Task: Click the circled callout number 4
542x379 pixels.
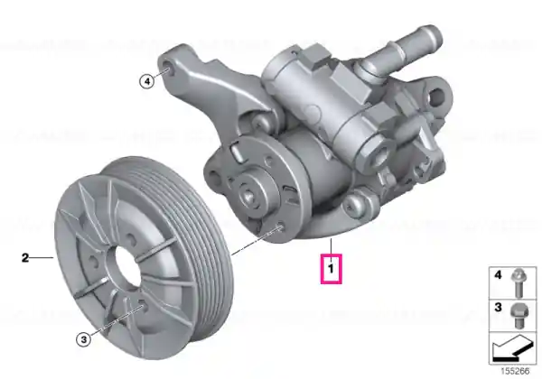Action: pos(147,81)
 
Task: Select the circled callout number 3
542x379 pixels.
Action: pos(84,339)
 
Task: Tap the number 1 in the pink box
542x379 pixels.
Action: pos(332,268)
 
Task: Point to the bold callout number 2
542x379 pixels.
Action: pos(25,257)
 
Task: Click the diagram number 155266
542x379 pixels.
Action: pos(515,372)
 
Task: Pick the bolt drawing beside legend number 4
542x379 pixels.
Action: pos(519,282)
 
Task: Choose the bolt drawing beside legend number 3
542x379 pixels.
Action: pos(519,316)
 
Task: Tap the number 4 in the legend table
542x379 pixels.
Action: pos(498,275)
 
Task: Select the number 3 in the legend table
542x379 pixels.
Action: pos(498,307)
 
